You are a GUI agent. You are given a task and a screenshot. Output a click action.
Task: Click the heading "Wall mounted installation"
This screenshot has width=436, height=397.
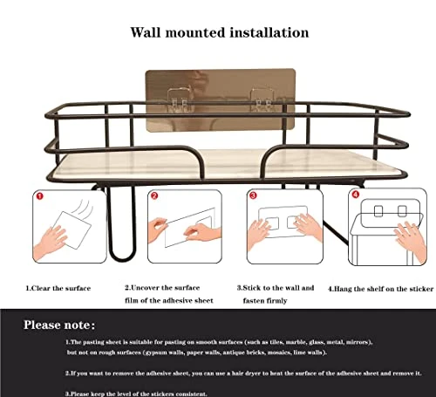pyautogui.click(x=220, y=32)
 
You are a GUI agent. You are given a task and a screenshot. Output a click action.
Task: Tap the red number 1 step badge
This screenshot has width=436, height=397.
pyautogui.click(x=39, y=196)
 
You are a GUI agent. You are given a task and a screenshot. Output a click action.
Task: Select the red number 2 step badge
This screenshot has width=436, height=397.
pyautogui.click(x=154, y=195)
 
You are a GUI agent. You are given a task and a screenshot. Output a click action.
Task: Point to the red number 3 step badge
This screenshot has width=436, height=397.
pyautogui.click(x=253, y=195)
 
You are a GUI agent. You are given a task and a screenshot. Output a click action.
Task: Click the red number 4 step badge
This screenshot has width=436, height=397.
pyautogui.click(x=356, y=195)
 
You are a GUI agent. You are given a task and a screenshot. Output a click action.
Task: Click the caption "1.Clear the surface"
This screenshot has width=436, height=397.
pyautogui.click(x=58, y=288)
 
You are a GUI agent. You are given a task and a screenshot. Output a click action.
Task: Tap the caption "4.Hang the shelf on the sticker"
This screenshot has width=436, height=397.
pyautogui.click(x=381, y=289)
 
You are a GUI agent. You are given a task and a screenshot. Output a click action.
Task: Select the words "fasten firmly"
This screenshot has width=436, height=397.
pyautogui.click(x=265, y=300)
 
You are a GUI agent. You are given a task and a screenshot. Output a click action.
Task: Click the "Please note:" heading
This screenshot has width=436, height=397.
pyautogui.click(x=59, y=325)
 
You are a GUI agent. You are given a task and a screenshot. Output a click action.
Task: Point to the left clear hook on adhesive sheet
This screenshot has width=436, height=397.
pyautogui.click(x=179, y=99)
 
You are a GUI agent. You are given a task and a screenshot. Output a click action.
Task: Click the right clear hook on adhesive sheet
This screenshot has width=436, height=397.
pyautogui.click(x=262, y=99)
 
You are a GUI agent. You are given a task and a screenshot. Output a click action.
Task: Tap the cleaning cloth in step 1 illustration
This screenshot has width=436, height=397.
pyautogui.click(x=73, y=230)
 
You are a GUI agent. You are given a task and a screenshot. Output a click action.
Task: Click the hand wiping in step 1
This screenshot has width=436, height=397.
pyautogui.click(x=50, y=242)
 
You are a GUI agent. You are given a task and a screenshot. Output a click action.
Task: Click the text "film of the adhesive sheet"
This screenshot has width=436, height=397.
pyautogui.click(x=169, y=300)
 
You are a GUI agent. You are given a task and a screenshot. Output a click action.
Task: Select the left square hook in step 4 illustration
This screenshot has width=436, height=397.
pyautogui.click(x=378, y=211)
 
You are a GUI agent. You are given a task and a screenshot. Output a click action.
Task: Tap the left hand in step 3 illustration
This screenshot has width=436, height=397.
pyautogui.click(x=257, y=234)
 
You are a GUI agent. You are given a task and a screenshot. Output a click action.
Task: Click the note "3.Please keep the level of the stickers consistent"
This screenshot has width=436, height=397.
pyautogui.click(x=136, y=394)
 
